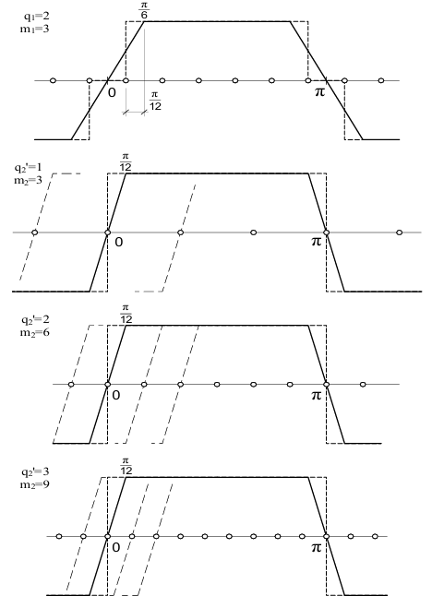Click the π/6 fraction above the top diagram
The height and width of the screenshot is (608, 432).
point(144,10)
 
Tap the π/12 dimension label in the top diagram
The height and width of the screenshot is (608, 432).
point(155,101)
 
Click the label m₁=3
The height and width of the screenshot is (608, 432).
point(35,29)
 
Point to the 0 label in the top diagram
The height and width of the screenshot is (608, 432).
point(112,92)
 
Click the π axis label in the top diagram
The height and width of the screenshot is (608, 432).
point(319,92)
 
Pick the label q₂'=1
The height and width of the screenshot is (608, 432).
point(28,168)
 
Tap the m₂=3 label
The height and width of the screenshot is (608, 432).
point(28,180)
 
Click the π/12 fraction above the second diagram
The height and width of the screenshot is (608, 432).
point(126,162)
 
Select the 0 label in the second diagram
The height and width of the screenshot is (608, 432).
point(119,242)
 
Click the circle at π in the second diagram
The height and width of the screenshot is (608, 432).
point(326,232)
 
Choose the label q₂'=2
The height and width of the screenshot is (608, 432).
point(35,320)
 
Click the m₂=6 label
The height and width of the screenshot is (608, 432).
point(35,332)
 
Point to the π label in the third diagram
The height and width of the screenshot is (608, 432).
point(317,395)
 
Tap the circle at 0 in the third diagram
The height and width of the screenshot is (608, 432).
point(107,384)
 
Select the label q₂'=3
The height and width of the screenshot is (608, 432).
point(35,471)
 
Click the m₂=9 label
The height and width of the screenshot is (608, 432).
point(35,484)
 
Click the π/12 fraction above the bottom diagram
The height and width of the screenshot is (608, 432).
point(126,466)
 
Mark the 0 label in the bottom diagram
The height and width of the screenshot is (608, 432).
point(115,547)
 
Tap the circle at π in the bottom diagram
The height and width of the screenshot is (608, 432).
point(326,536)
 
